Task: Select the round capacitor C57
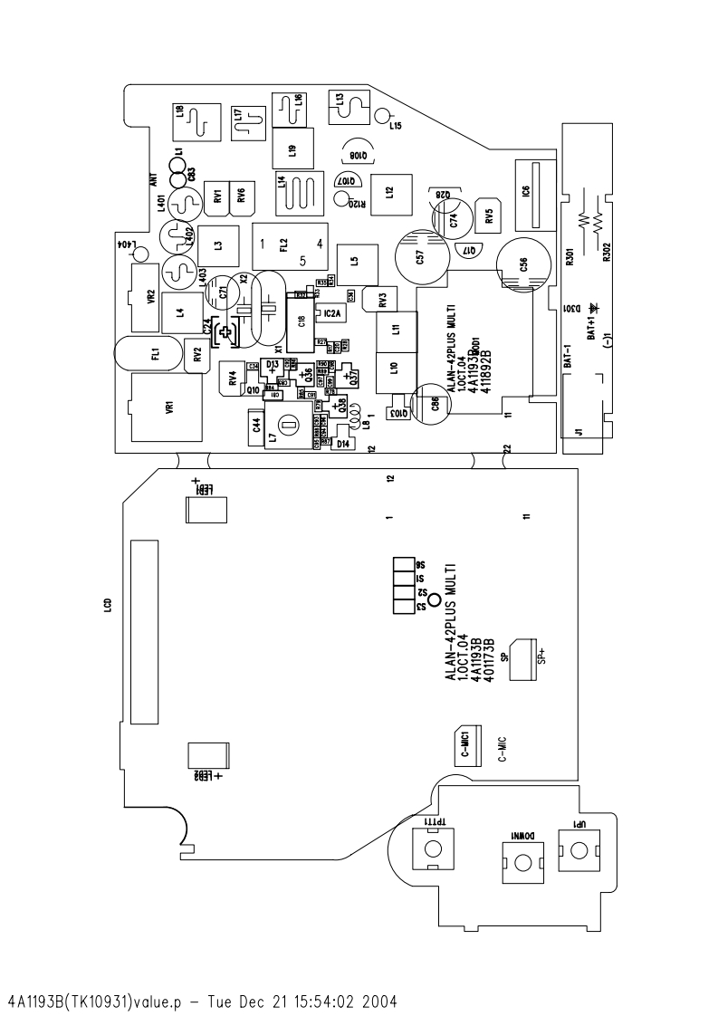[419, 257]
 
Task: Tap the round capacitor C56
[522, 264]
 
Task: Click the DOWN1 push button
[522, 861]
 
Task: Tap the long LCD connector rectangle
[143, 632]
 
